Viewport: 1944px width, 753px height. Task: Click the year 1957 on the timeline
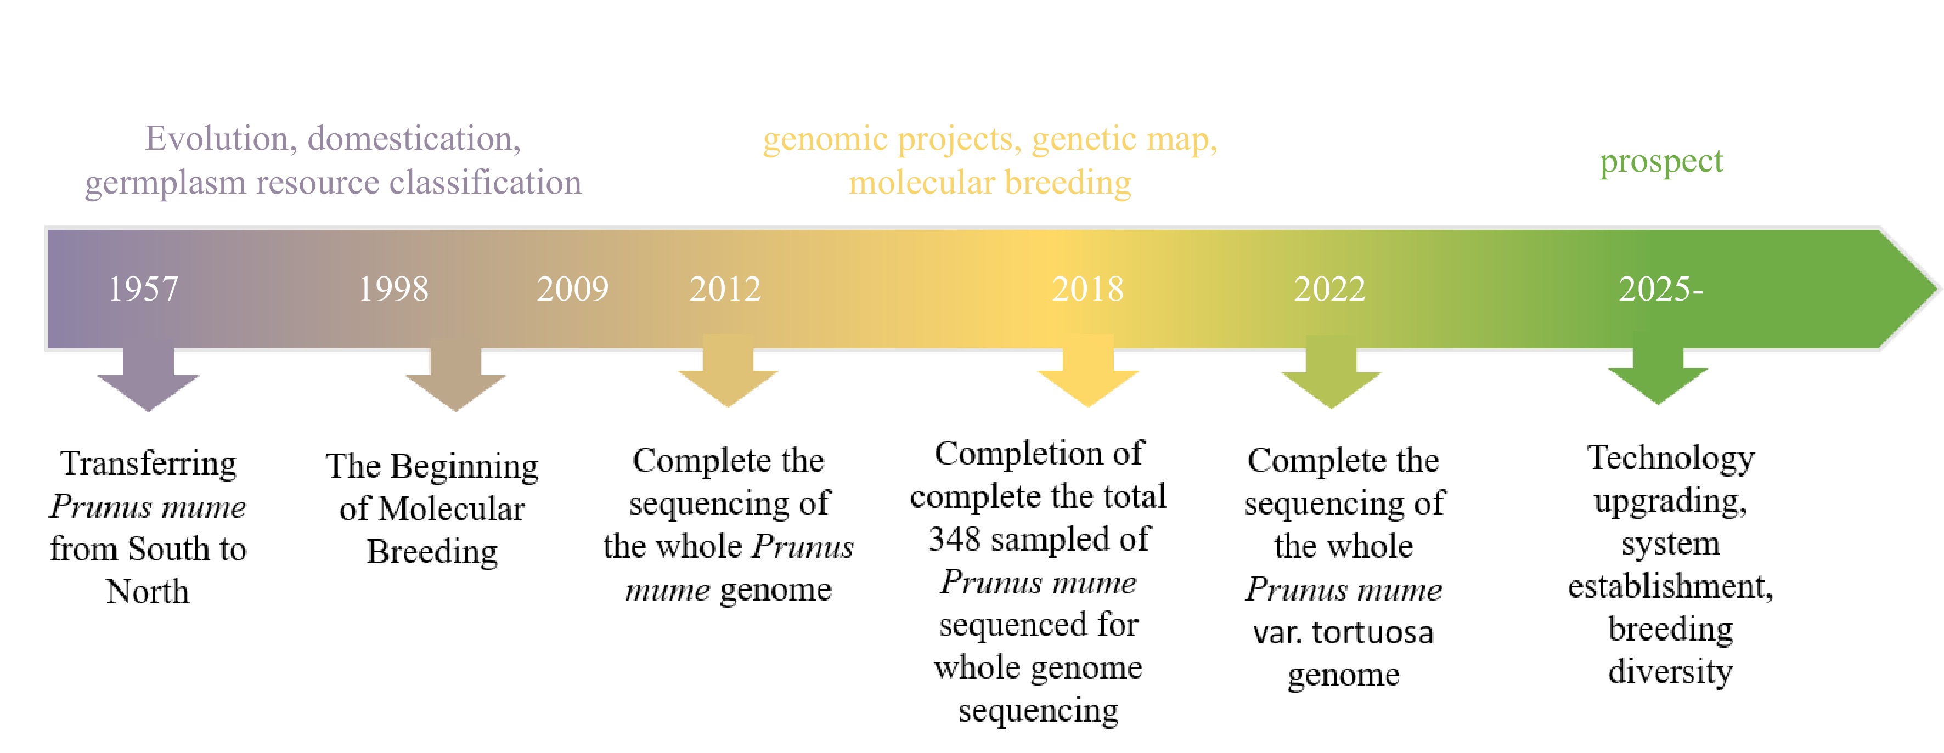[x=143, y=289]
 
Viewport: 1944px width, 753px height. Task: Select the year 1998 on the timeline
[x=393, y=289]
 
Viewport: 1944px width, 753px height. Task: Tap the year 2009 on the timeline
[x=573, y=289]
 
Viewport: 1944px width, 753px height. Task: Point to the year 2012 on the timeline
[x=725, y=289]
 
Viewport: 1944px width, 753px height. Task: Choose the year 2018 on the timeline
[x=1087, y=289]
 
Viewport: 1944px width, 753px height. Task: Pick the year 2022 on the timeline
[x=1329, y=289]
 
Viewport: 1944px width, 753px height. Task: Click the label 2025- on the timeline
[x=1660, y=289]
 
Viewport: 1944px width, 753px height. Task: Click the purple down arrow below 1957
[x=149, y=381]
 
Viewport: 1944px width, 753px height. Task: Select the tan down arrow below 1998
[x=455, y=381]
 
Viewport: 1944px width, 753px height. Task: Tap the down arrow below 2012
[x=728, y=377]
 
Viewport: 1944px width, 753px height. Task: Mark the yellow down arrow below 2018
[x=1088, y=377]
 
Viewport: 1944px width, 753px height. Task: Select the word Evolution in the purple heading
[x=216, y=139]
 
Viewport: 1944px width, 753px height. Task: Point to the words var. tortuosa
[x=1343, y=632]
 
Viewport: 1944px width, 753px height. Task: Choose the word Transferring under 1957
[x=149, y=463]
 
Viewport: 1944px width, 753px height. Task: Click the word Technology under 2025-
[x=1671, y=457]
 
